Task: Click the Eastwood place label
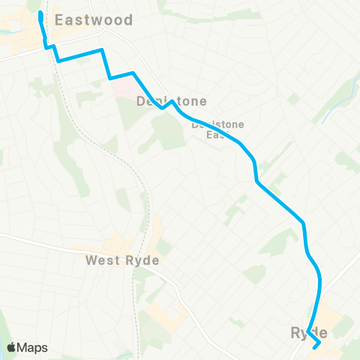[94, 20]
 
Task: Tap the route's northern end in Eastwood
[40, 13]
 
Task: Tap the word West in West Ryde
[101, 261]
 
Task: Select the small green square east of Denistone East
[294, 99]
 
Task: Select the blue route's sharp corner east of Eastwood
[101, 50]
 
